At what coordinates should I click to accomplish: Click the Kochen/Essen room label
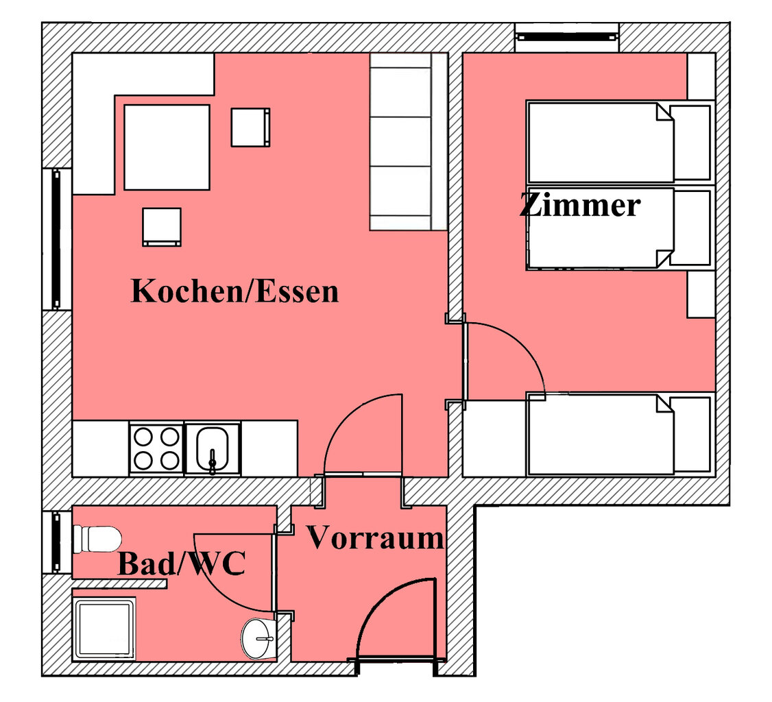[x=234, y=291]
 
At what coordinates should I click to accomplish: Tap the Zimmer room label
[x=579, y=205]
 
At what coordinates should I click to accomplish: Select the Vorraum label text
[x=374, y=538]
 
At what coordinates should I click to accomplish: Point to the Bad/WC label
[x=181, y=565]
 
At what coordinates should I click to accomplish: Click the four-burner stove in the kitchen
[x=156, y=448]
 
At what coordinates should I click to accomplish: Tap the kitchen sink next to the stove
[x=213, y=448]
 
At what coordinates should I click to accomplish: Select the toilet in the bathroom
[x=97, y=539]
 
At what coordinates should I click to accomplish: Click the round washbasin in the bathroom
[x=258, y=638]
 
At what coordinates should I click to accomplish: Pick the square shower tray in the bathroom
[x=105, y=629]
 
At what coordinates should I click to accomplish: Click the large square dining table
[x=167, y=147]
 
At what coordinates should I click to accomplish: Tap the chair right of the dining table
[x=250, y=128]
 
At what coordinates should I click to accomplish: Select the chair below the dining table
[x=162, y=226]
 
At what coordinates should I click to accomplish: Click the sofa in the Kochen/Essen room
[x=409, y=142]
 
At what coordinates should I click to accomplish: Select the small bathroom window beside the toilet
[x=56, y=542]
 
